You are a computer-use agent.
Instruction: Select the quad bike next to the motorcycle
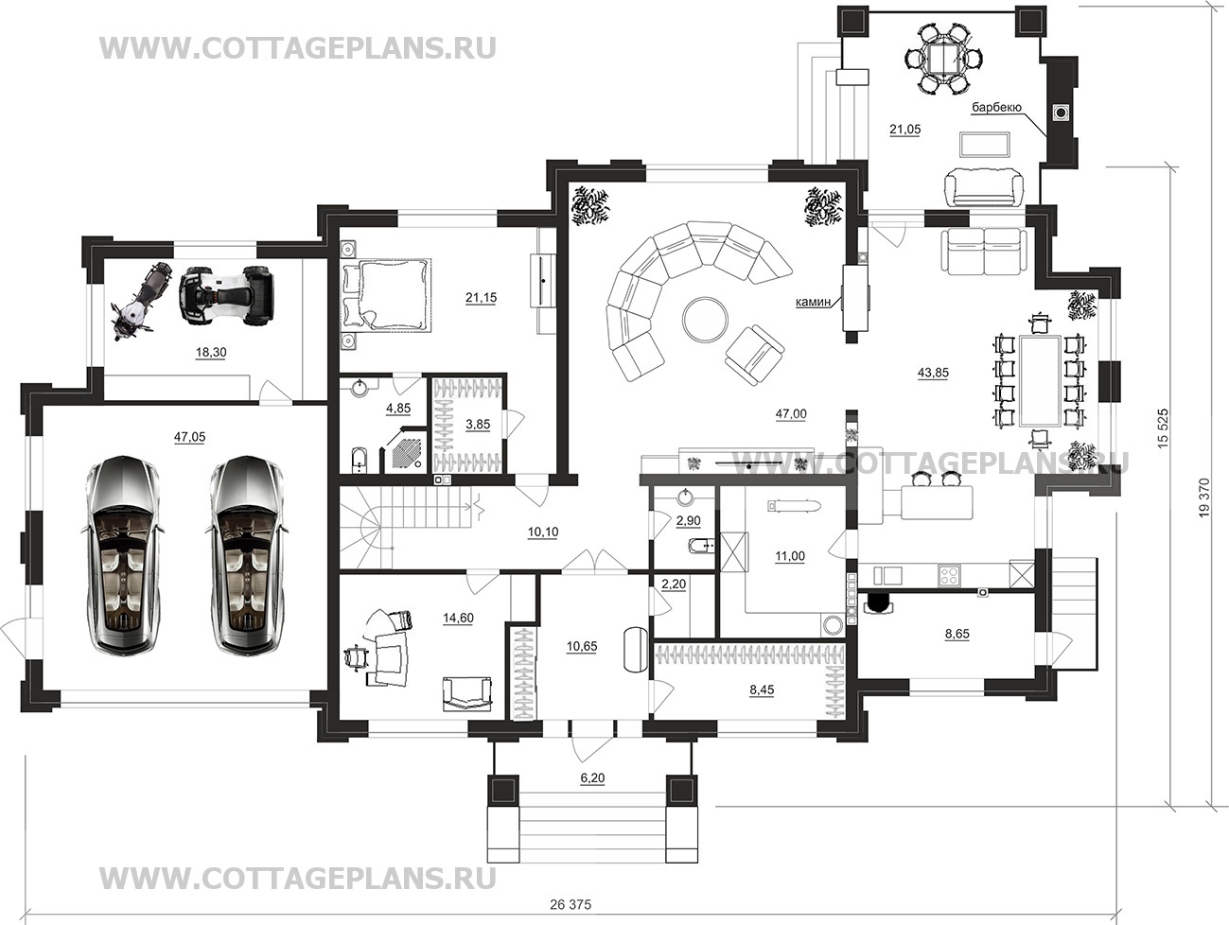coord(227,295)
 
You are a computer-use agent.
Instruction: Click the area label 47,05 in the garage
coord(189,437)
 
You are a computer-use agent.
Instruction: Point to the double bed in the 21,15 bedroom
coord(386,294)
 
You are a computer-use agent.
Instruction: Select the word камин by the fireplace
coord(813,302)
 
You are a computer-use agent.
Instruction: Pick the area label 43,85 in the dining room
coord(934,372)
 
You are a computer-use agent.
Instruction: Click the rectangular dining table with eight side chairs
coord(1041,380)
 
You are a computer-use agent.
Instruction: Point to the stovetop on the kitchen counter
coord(949,576)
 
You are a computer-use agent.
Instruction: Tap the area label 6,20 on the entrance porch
coord(593,777)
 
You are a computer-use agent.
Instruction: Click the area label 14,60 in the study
coord(458,618)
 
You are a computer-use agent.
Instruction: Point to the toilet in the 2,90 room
coord(699,545)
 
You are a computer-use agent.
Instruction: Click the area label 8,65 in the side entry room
coord(957,634)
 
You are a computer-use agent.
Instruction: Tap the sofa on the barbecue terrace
coord(983,187)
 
